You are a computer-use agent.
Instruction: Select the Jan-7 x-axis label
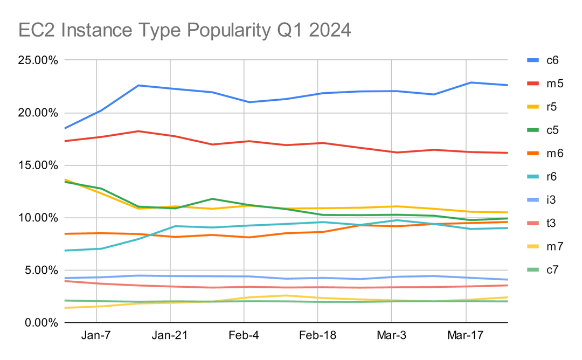[96, 335]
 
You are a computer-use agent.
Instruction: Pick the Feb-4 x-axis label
[244, 335]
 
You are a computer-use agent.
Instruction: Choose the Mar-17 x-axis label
[466, 335]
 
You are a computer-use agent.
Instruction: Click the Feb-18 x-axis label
[317, 335]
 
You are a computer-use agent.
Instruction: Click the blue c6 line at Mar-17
[466, 82]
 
